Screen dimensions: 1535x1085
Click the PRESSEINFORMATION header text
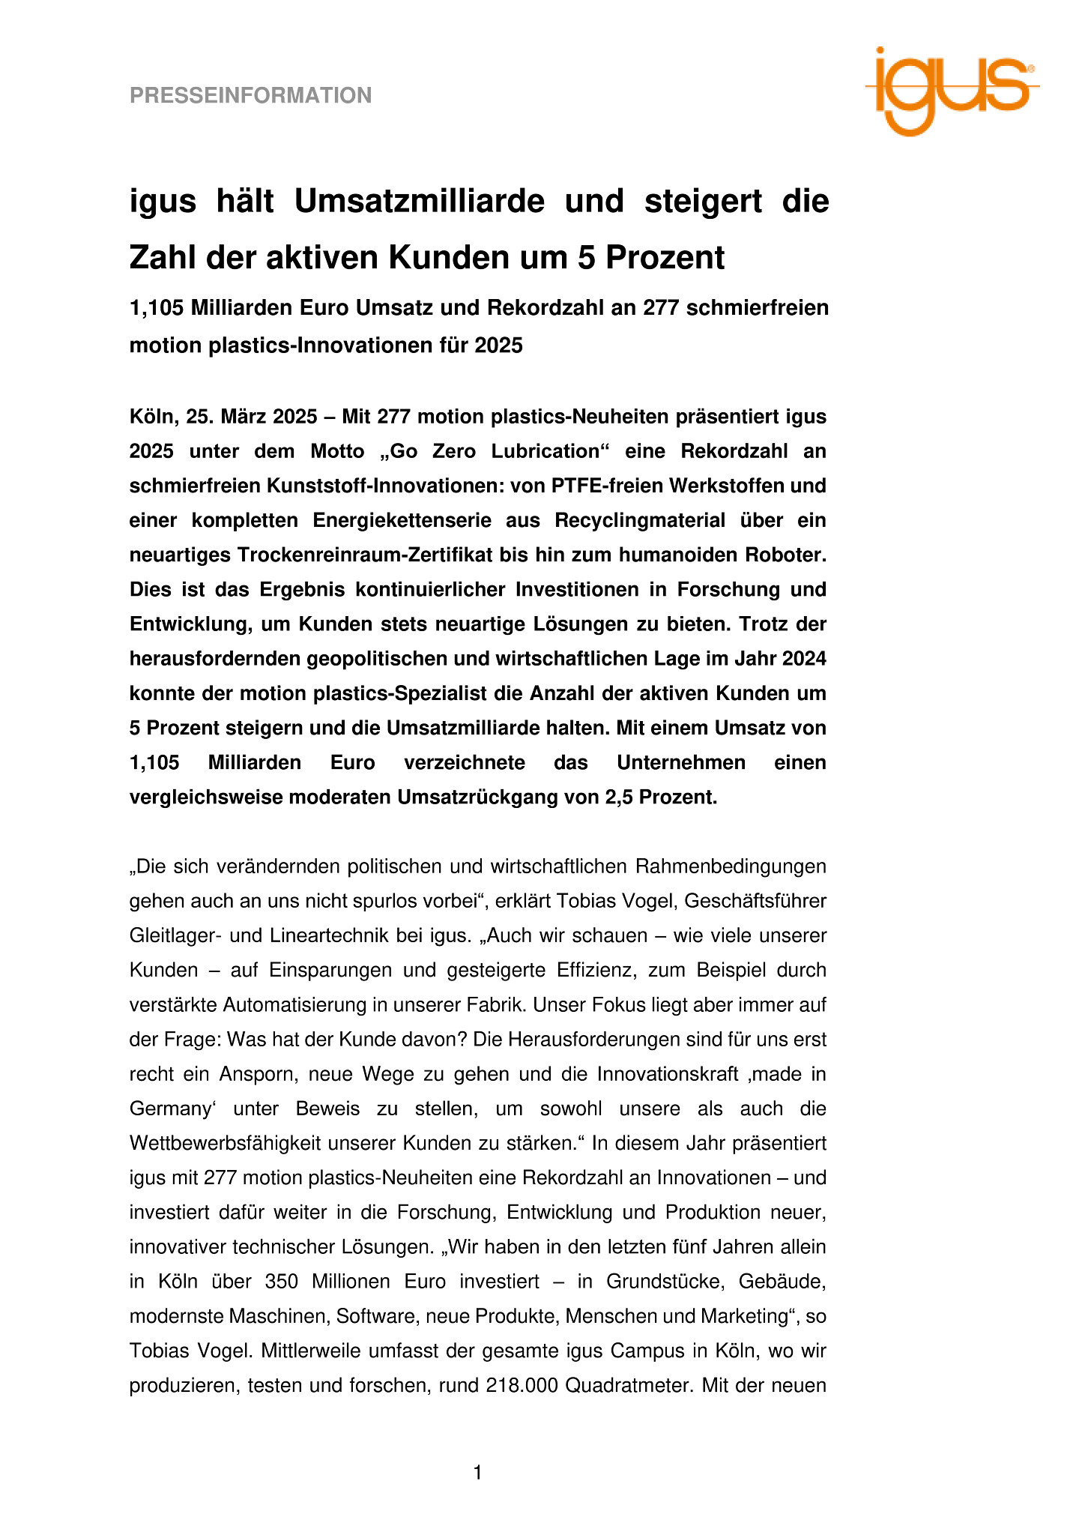pyautogui.click(x=250, y=96)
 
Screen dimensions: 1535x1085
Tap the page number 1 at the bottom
pyautogui.click(x=477, y=1473)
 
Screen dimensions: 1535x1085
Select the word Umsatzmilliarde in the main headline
pyautogui.click(x=419, y=201)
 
